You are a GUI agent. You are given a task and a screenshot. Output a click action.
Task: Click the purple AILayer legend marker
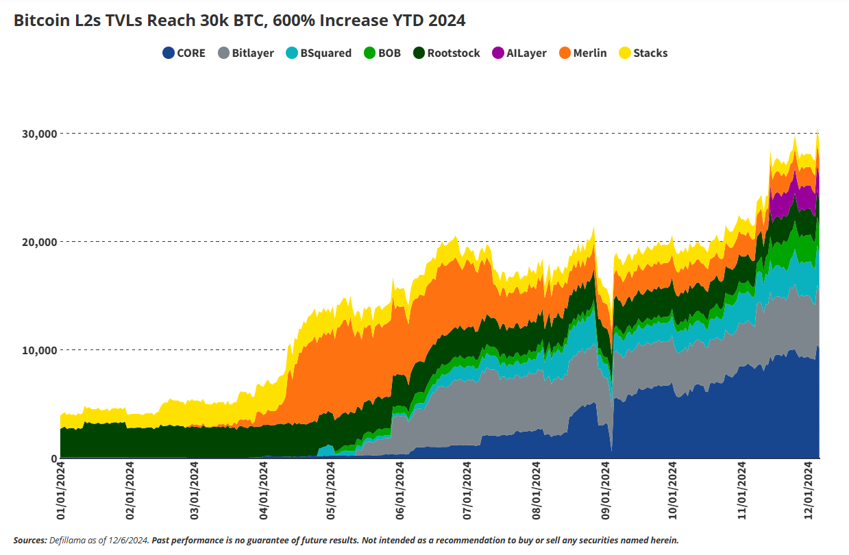point(498,53)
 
